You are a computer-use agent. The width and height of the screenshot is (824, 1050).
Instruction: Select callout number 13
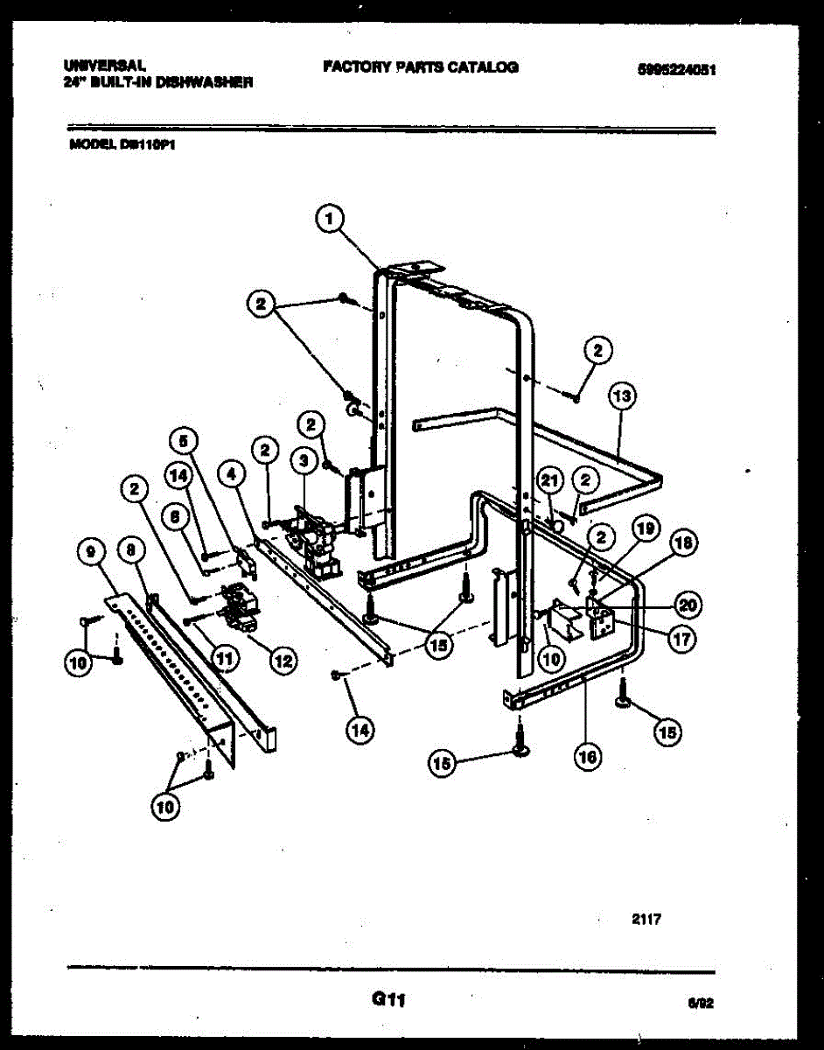[622, 397]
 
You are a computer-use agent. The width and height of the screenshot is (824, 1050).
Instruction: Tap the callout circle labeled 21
[549, 479]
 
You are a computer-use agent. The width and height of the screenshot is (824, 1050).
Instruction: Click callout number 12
[282, 661]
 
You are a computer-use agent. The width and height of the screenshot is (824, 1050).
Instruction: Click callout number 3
[303, 459]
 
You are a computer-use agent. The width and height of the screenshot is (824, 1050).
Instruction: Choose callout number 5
[185, 440]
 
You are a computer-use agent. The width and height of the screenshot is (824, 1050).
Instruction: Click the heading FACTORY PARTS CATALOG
[420, 67]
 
